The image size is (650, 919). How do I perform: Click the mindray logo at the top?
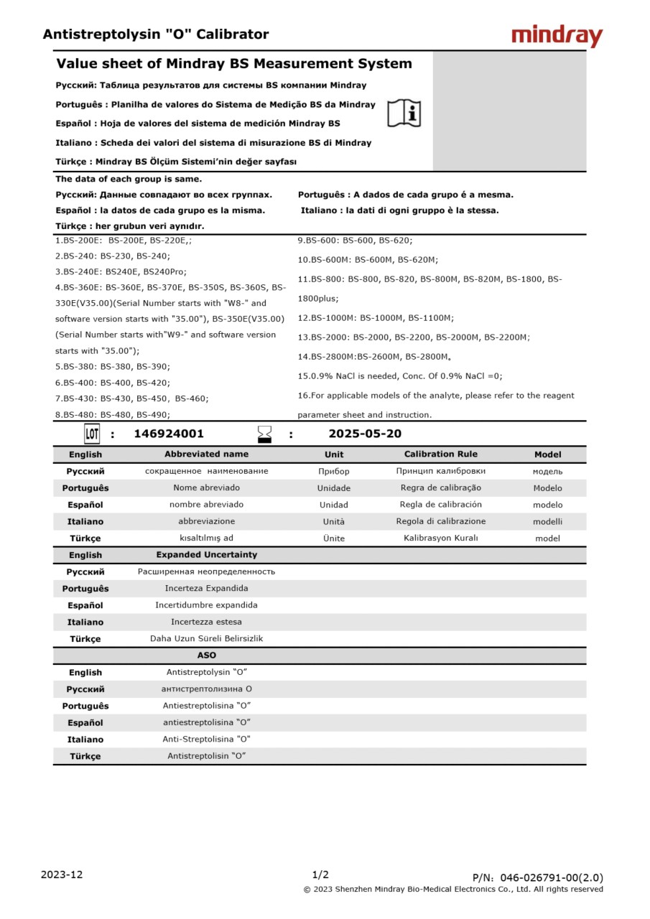pos(557,36)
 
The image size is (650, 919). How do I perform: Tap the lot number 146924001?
pos(169,434)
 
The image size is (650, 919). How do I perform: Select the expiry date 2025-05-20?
pos(365,434)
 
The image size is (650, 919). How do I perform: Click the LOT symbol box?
pos(92,434)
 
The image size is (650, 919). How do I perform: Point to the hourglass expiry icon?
pos(265,434)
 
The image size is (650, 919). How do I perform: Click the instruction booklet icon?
pos(404,113)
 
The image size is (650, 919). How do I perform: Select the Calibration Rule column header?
pos(440,454)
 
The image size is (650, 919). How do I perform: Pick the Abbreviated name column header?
pos(206,454)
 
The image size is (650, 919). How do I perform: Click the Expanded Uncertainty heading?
pos(206,555)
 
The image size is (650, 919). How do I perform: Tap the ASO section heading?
pos(206,656)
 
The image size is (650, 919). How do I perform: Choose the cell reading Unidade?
pos(334,488)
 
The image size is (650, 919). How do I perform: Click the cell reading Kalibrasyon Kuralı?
pos(440,538)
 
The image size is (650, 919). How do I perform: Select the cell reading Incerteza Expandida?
pos(206,589)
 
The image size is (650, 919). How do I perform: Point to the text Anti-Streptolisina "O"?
pos(206,740)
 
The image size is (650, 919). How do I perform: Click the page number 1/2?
pos(320,874)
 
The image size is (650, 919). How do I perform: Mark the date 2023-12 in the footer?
pos(62,874)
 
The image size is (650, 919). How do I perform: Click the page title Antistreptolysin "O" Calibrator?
pos(156,34)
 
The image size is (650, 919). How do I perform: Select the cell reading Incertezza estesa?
pos(206,622)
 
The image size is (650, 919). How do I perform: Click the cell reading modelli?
pos(547,522)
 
